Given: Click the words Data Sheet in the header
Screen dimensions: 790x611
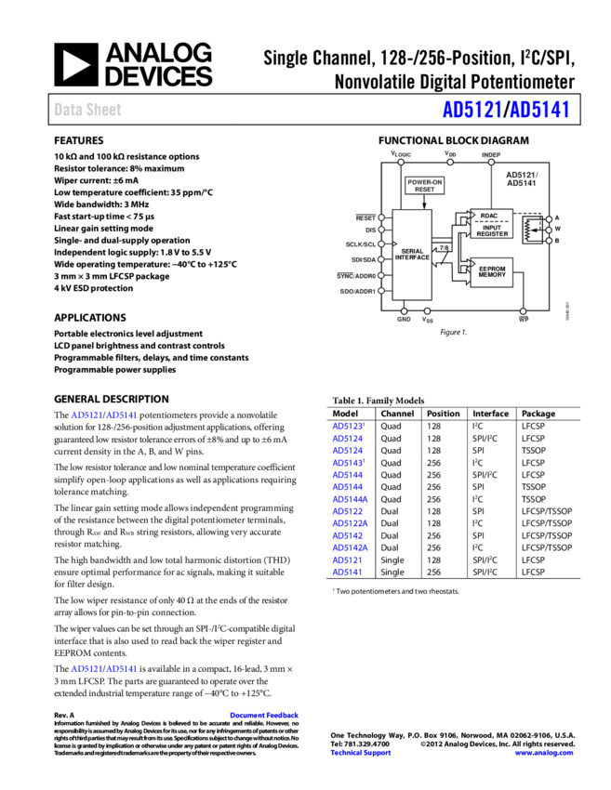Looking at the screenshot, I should [87, 110].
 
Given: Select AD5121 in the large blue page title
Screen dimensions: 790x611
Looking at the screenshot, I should [472, 110].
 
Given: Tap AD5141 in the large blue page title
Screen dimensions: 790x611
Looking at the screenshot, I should [539, 110].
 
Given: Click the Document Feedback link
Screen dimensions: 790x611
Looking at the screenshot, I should [264, 715].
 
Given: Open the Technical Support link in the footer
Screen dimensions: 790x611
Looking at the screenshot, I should [361, 753].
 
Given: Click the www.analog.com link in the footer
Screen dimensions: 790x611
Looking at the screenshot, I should [544, 753].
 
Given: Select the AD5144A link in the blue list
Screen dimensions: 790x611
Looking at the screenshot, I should [350, 499].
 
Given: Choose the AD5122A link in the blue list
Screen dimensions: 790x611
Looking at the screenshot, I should [350, 523].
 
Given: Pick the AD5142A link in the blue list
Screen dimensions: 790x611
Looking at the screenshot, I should [350, 547].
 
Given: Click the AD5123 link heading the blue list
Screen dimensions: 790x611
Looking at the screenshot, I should [347, 427].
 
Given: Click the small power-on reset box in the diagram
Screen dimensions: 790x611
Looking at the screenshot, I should [424, 185].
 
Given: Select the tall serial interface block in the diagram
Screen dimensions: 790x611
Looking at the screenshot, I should [411, 254].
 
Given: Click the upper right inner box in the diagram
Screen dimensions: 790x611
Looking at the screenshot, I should [492, 224].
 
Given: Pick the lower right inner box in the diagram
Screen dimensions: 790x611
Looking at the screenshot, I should [492, 272].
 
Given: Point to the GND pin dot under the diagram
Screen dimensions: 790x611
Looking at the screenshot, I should [404, 311].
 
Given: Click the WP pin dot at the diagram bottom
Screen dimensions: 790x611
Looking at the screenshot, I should [524, 311].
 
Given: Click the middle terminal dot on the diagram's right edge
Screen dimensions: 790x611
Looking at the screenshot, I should [549, 230].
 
